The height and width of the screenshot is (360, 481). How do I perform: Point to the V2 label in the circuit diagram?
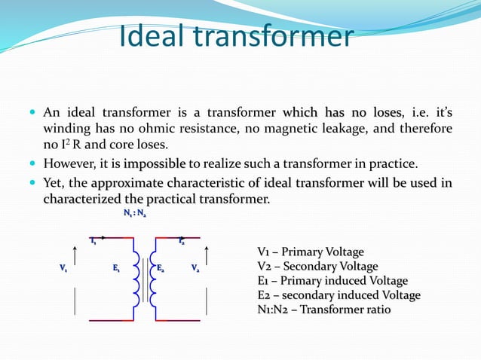(x=195, y=268)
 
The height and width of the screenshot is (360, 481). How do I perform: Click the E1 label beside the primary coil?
(x=116, y=268)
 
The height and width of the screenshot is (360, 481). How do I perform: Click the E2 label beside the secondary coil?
(x=162, y=268)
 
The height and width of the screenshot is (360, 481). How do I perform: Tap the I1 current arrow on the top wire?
(x=97, y=239)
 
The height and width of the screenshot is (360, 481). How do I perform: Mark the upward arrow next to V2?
(x=208, y=256)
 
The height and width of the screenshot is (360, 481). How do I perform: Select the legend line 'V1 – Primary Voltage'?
(x=311, y=252)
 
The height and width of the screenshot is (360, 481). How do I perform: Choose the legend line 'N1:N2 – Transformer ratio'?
(x=324, y=310)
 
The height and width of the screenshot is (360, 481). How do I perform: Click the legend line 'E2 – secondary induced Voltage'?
(x=339, y=295)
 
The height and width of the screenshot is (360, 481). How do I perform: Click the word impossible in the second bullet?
(x=155, y=164)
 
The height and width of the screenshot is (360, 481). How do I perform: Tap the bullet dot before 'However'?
(x=34, y=163)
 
